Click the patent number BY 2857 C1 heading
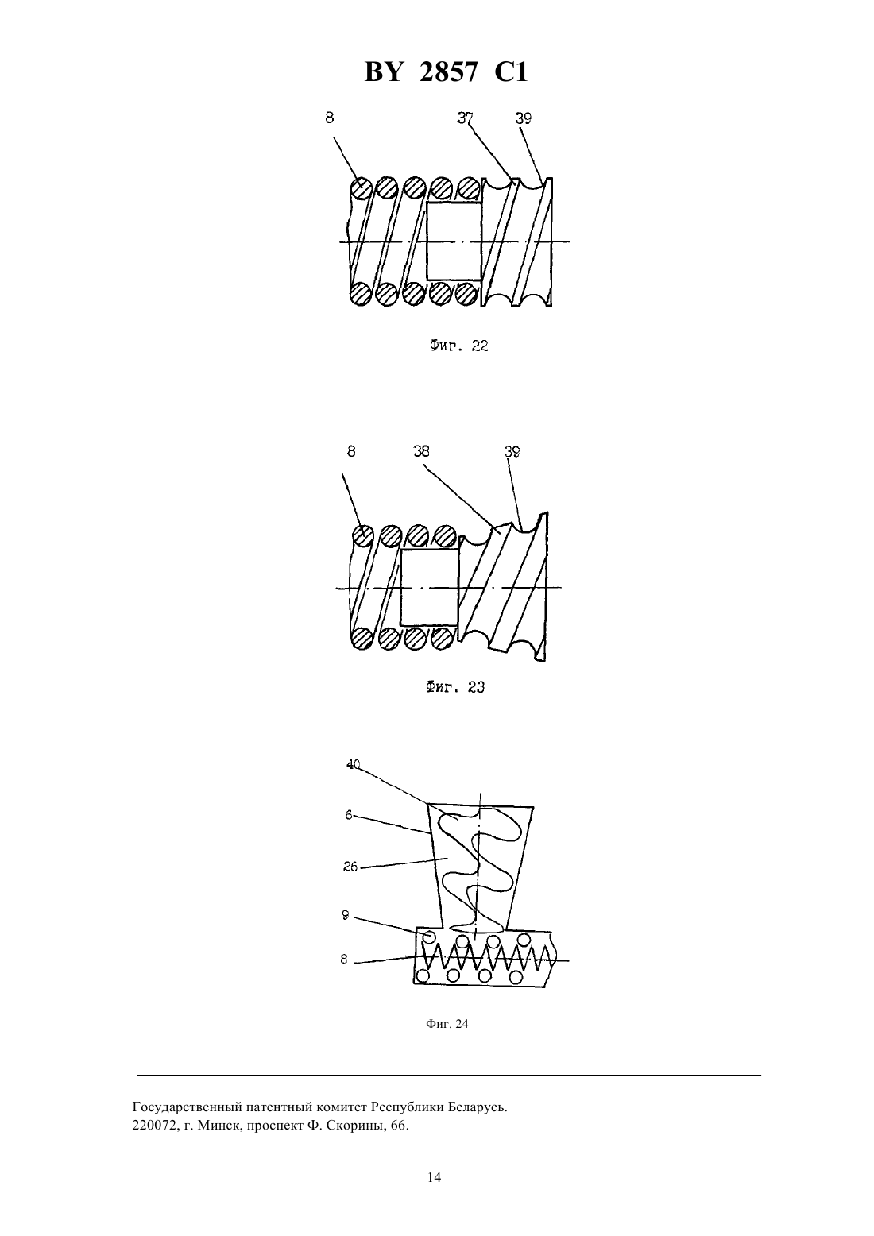coord(446,72)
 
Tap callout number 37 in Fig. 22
coord(465,118)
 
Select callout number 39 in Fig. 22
coord(523,118)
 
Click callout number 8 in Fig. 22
coord(330,117)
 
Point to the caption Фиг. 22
coord(459,346)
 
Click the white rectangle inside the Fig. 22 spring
coord(454,241)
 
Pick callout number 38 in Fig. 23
coord(421,451)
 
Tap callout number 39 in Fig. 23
coord(512,452)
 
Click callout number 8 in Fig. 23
coord(351,451)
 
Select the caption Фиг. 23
coord(455,687)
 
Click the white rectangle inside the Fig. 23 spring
coord(429,587)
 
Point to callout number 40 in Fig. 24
coord(353,764)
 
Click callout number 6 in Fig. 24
coord(349,814)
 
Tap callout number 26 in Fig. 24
coord(350,867)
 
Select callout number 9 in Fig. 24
coord(346,915)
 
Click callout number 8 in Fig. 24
coord(344,960)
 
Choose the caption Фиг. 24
coord(447,1024)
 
